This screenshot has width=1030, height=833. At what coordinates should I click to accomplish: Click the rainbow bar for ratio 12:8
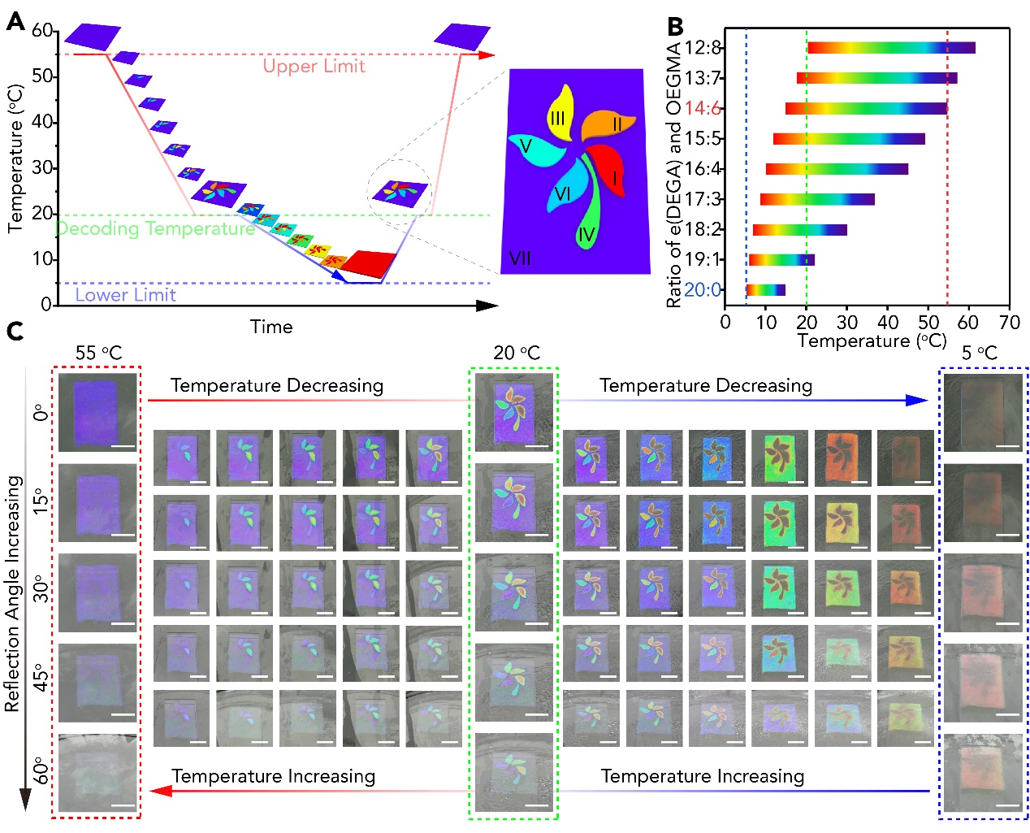coord(891,48)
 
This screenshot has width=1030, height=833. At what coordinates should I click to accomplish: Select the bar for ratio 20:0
coord(765,290)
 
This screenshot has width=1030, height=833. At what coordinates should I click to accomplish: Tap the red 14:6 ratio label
coord(703,109)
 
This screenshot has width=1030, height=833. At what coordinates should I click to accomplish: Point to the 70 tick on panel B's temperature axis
coord(1009,323)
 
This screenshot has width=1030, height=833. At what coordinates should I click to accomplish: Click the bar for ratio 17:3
coord(817,199)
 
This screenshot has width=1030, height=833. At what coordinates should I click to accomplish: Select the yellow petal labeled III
coord(560,112)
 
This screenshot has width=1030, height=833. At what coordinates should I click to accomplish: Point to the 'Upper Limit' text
coord(314,67)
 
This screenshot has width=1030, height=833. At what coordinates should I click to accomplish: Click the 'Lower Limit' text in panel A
coord(125,295)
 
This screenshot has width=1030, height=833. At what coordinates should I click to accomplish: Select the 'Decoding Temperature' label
coord(155,229)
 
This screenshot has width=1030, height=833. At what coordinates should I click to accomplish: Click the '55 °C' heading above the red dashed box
coord(98,354)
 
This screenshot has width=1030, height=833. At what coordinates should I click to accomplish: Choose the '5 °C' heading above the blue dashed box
coord(979,354)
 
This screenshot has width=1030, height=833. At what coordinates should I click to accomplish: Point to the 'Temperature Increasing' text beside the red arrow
coord(273,777)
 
